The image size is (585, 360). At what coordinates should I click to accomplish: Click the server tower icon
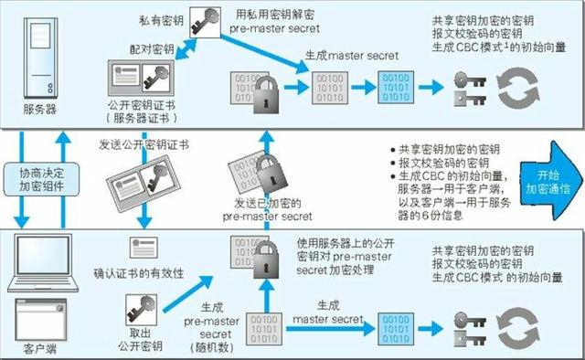[x=40, y=58]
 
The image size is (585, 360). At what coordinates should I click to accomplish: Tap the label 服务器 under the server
[x=40, y=110]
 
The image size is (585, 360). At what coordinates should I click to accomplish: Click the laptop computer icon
[x=43, y=262]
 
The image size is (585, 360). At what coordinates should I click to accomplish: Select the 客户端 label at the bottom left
[x=40, y=349]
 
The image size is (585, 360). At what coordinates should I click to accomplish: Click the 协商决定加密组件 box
[x=41, y=179]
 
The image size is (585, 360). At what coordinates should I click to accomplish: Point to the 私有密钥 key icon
[x=205, y=22]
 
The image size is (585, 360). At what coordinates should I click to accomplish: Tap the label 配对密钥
[x=152, y=49]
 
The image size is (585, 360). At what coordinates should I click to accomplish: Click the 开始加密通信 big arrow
[x=551, y=181]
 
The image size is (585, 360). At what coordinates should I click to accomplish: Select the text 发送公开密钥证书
[x=144, y=144]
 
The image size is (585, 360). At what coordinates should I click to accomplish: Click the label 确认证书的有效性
[x=139, y=273]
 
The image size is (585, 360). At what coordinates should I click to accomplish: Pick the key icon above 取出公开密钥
[x=141, y=310]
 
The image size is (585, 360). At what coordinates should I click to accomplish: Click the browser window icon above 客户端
[x=40, y=319]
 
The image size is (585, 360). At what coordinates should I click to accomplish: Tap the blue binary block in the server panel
[x=396, y=88]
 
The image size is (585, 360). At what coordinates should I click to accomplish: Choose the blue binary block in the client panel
[x=396, y=329]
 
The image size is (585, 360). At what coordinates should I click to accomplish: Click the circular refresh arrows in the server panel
[x=518, y=88]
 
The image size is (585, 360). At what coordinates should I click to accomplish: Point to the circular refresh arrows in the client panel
[x=518, y=328]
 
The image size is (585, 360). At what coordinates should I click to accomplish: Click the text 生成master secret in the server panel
[x=352, y=56]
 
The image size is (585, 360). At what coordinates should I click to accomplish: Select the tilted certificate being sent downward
[x=144, y=184]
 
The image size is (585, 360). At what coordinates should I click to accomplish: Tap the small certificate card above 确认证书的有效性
[x=144, y=248]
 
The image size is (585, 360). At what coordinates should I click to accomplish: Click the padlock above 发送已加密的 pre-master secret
[x=272, y=174]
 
